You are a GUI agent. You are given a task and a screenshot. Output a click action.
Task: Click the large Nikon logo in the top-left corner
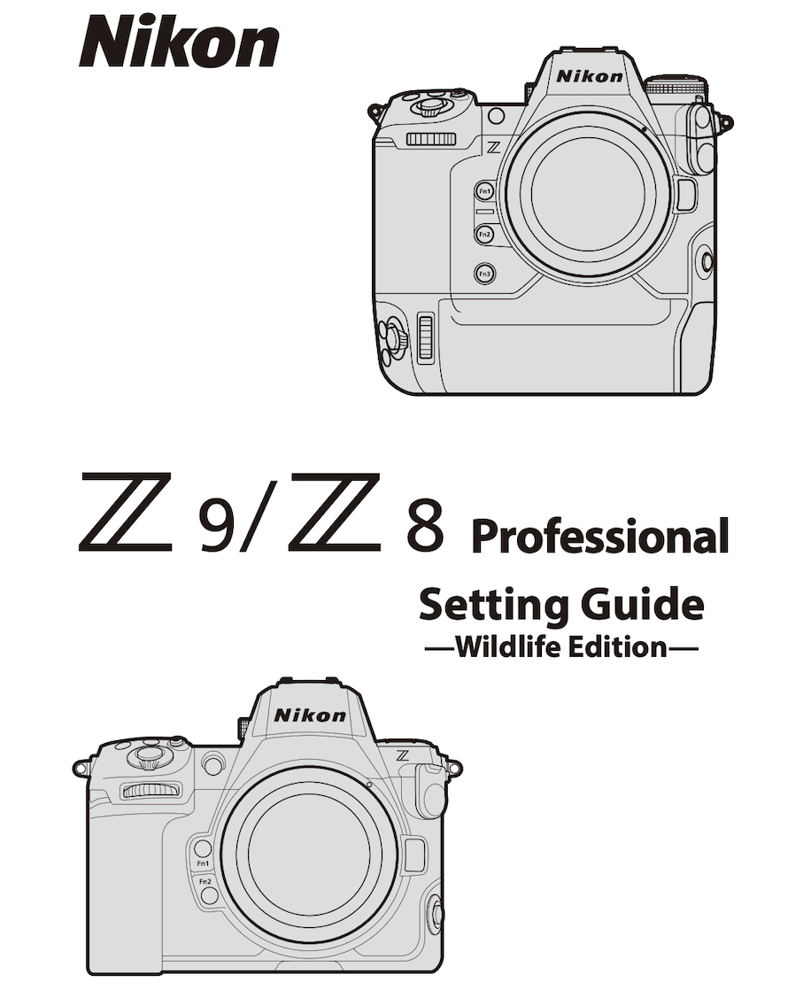179,42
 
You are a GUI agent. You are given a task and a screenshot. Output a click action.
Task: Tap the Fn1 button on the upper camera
484,191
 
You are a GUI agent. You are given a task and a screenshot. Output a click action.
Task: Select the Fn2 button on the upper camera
484,235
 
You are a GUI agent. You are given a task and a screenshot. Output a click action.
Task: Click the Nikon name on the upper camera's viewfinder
590,76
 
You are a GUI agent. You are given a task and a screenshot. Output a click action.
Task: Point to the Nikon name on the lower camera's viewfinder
311,715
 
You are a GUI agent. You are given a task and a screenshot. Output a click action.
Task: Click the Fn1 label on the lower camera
204,863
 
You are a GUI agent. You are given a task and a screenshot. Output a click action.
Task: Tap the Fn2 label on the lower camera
205,881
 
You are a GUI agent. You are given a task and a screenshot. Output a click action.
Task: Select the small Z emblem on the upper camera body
493,148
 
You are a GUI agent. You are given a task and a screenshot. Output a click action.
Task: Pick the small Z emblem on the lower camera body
404,755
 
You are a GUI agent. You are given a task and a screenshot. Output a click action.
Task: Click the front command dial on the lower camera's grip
151,789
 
